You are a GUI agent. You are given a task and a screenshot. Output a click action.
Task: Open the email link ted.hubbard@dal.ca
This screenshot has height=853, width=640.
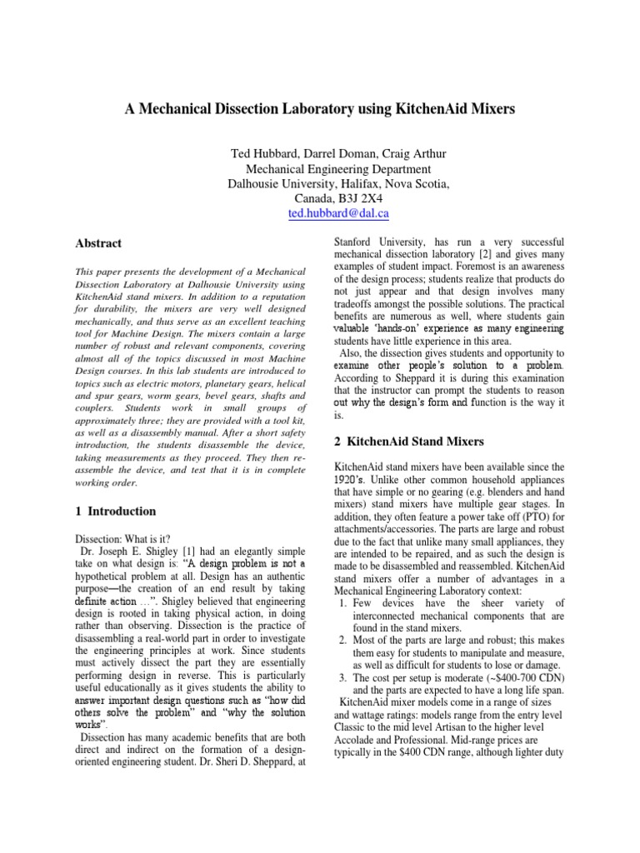click(320, 213)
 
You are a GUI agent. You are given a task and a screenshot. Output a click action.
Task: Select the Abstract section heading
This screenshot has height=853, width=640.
click(98, 243)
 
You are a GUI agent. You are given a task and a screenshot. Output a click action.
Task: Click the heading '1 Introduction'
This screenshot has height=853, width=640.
click(115, 511)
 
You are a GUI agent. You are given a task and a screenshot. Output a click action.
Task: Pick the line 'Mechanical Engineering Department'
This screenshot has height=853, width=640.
click(319, 168)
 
